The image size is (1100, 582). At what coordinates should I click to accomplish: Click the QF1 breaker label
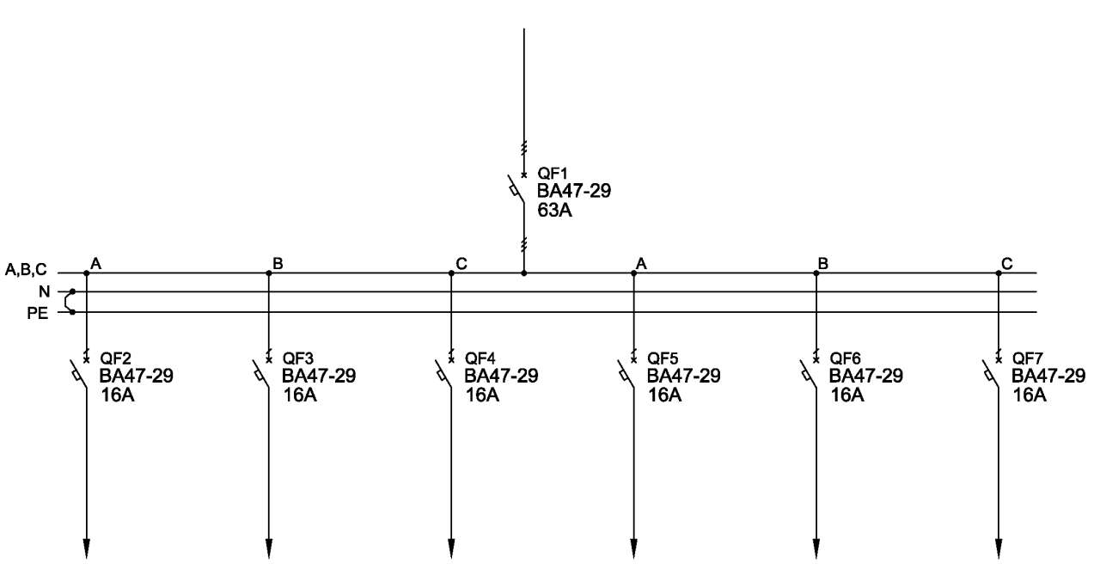(553, 174)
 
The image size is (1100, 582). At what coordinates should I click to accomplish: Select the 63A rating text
(554, 211)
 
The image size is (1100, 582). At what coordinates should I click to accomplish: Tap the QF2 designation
(116, 358)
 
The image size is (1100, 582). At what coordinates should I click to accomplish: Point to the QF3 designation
(298, 358)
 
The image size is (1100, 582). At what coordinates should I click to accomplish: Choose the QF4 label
(480, 358)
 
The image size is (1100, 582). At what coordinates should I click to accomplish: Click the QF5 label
(663, 358)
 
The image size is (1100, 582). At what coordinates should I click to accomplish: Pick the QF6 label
(845, 358)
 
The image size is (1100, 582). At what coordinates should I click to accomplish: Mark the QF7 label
(1027, 358)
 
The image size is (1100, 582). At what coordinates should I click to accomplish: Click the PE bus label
(38, 313)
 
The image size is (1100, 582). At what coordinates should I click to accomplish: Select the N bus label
(44, 291)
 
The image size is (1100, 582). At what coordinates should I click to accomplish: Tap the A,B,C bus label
(26, 270)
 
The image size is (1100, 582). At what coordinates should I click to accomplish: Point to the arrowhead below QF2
(87, 548)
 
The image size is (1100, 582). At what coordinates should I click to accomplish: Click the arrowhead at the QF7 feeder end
(999, 548)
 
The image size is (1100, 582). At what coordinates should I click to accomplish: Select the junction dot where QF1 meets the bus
(524, 273)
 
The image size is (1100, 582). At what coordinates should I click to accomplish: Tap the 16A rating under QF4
(482, 395)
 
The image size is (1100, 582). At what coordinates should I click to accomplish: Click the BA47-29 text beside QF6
(866, 377)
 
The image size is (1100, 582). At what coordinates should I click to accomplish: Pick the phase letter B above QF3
(278, 264)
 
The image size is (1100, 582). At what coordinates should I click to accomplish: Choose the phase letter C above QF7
(1006, 264)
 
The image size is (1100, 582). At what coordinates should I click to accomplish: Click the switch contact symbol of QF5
(626, 374)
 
